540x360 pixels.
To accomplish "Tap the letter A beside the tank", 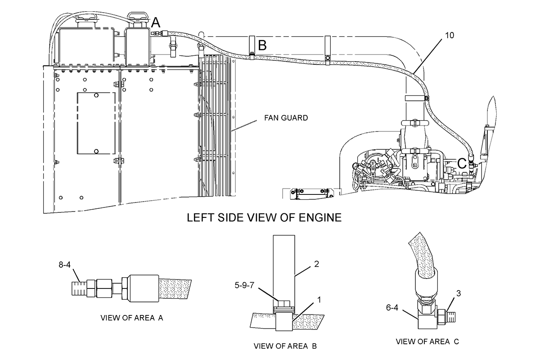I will point(156,22).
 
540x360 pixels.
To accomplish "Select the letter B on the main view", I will point(262,45).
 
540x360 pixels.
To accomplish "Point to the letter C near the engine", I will point(462,162).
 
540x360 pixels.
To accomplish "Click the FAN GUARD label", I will point(286,118).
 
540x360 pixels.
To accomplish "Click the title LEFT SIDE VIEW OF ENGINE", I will point(264,218).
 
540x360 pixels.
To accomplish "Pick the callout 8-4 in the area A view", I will point(65,265).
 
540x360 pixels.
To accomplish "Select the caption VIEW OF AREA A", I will point(131,318).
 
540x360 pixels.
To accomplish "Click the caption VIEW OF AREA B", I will point(286,346).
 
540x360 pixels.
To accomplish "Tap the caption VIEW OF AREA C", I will point(427,342).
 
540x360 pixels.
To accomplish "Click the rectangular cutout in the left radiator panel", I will point(96,124).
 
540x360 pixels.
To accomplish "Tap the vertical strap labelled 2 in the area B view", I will point(283,265).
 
